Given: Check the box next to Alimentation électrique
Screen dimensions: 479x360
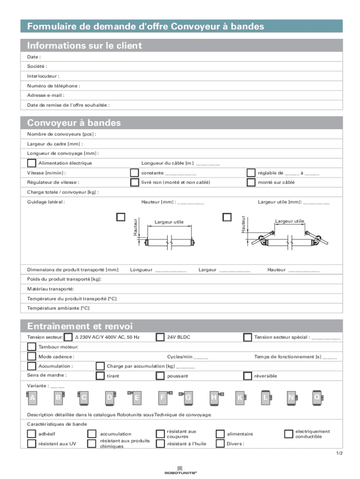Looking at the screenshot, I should pos(31,163).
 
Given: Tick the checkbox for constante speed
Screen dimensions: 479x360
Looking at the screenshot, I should pos(134,173).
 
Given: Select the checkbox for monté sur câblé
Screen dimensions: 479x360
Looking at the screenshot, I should pos(251,182).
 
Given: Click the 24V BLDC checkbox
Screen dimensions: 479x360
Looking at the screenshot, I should pos(160,337).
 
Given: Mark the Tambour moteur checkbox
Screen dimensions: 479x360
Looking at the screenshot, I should pos(31,347).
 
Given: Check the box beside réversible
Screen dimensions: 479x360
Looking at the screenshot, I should pos(247,376).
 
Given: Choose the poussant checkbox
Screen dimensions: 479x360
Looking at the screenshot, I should pos(160,376).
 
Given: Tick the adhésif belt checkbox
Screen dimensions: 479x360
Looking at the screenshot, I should pos(31,434).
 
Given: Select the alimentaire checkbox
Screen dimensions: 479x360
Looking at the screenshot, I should pos(220,434).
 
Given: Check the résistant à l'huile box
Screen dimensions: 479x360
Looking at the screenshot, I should pos(160,443).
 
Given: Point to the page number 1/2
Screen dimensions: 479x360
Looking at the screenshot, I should pos(339,453).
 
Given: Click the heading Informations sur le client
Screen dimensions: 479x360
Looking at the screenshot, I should pos(85,46).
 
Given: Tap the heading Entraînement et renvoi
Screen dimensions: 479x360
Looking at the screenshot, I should pos(80,326).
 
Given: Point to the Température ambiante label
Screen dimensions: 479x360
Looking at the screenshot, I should pos(58,308).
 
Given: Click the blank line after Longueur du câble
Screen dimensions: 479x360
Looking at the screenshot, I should pos(208,164).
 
